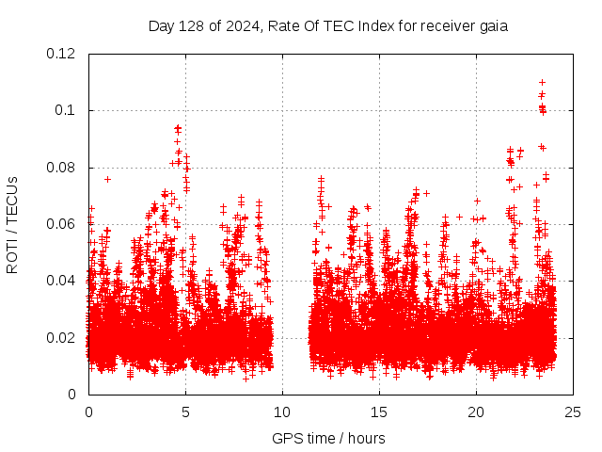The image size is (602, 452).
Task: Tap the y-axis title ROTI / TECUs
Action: (x=12, y=224)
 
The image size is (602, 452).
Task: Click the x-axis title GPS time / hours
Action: (x=328, y=438)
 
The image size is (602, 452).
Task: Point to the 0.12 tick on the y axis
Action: (x=62, y=54)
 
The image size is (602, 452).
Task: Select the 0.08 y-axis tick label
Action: (x=62, y=168)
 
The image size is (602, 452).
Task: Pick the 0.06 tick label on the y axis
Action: (x=62, y=224)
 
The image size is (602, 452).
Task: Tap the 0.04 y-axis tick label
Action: (x=62, y=281)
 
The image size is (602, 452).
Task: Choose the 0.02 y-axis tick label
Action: (x=62, y=337)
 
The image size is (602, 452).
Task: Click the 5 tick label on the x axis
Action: (x=185, y=412)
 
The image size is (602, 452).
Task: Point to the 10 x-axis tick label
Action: (x=282, y=412)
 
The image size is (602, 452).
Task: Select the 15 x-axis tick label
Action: (x=379, y=412)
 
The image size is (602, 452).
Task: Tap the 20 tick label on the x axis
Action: (x=476, y=412)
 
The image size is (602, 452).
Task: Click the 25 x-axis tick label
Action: (x=573, y=412)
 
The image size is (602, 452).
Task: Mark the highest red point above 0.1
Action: (x=542, y=82)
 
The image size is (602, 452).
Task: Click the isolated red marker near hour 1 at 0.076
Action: (x=107, y=179)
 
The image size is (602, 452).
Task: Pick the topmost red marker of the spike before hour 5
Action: (x=177, y=126)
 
